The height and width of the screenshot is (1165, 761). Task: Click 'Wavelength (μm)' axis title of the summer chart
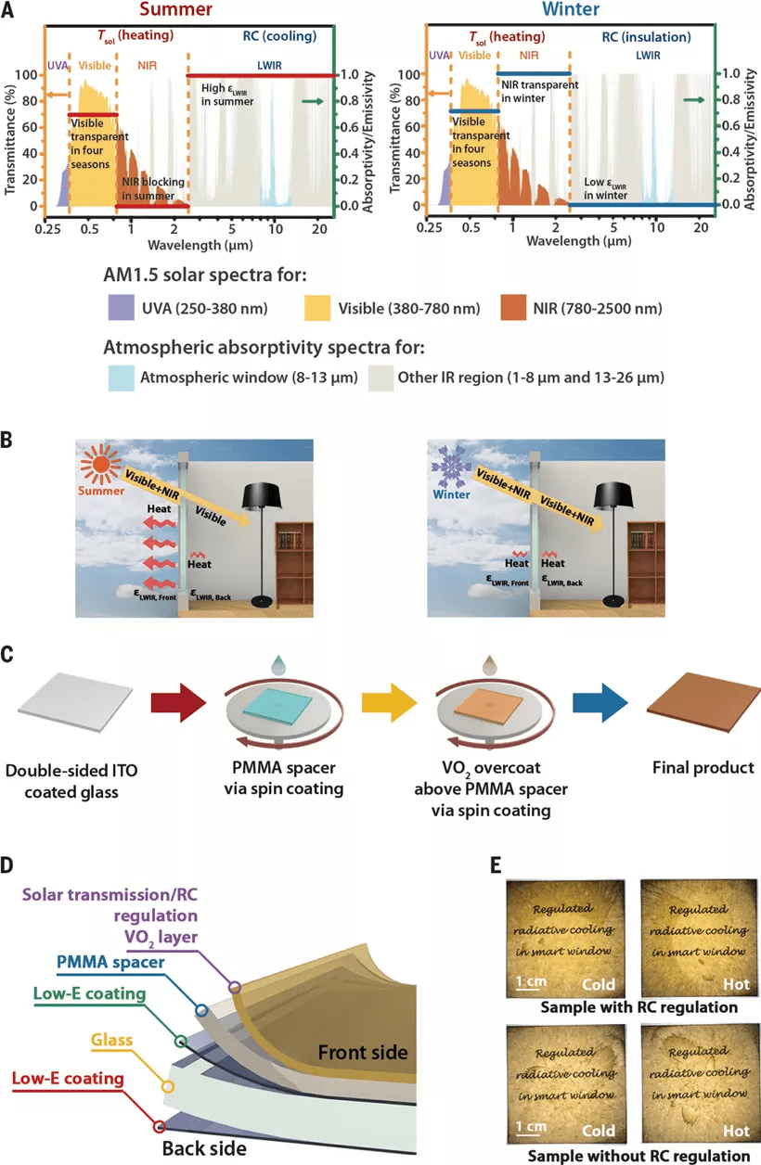pyautogui.click(x=195, y=247)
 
